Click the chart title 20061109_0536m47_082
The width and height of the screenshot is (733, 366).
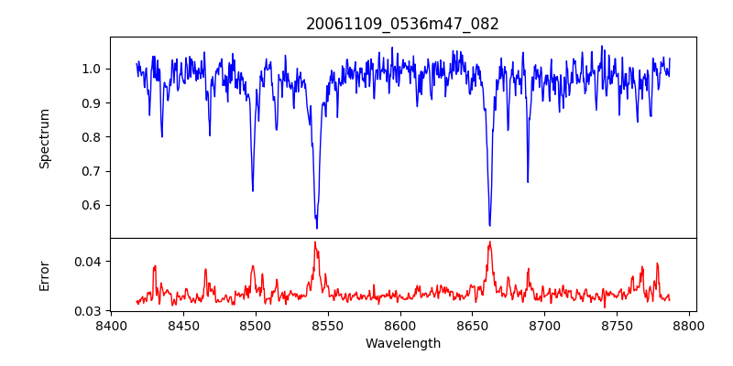tap(402, 24)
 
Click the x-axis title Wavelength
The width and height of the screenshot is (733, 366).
tap(402, 344)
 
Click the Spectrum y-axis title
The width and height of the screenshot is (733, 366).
tap(45, 138)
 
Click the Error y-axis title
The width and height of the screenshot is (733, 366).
tap(45, 274)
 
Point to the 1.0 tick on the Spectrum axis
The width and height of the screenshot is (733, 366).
tap(91, 69)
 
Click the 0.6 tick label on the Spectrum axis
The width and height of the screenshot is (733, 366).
tap(91, 205)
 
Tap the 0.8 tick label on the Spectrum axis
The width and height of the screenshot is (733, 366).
tap(91, 137)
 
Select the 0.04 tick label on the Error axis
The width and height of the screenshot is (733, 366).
tap(87, 262)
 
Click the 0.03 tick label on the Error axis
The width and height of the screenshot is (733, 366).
tap(87, 311)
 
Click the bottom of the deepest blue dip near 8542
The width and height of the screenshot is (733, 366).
tap(317, 228)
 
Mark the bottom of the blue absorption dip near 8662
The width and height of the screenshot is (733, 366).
tap(489, 225)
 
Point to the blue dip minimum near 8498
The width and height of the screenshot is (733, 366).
tap(253, 190)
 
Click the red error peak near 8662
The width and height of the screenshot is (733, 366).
tap(490, 242)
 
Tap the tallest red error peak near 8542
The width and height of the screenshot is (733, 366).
tap(315, 242)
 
